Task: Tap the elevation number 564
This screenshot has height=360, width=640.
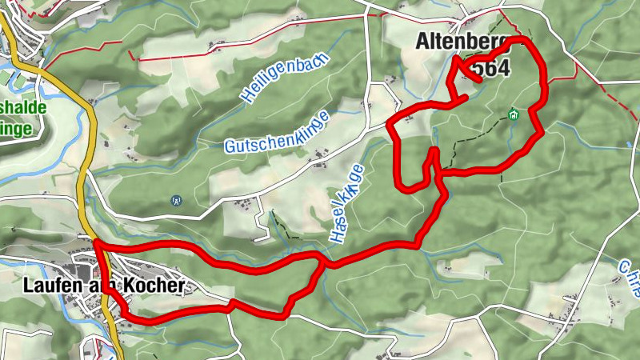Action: tap(490, 69)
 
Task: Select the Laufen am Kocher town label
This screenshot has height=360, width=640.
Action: tap(104, 285)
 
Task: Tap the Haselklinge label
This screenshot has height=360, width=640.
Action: tap(346, 203)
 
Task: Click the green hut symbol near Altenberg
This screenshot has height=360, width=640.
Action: tap(513, 114)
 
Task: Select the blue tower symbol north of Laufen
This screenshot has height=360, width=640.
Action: tap(176, 201)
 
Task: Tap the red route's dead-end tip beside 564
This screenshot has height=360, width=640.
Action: tap(478, 81)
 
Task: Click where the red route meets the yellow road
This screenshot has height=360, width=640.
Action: tap(95, 241)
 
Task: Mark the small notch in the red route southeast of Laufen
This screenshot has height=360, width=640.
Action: tap(230, 303)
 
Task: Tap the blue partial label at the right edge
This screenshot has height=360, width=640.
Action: tap(629, 268)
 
